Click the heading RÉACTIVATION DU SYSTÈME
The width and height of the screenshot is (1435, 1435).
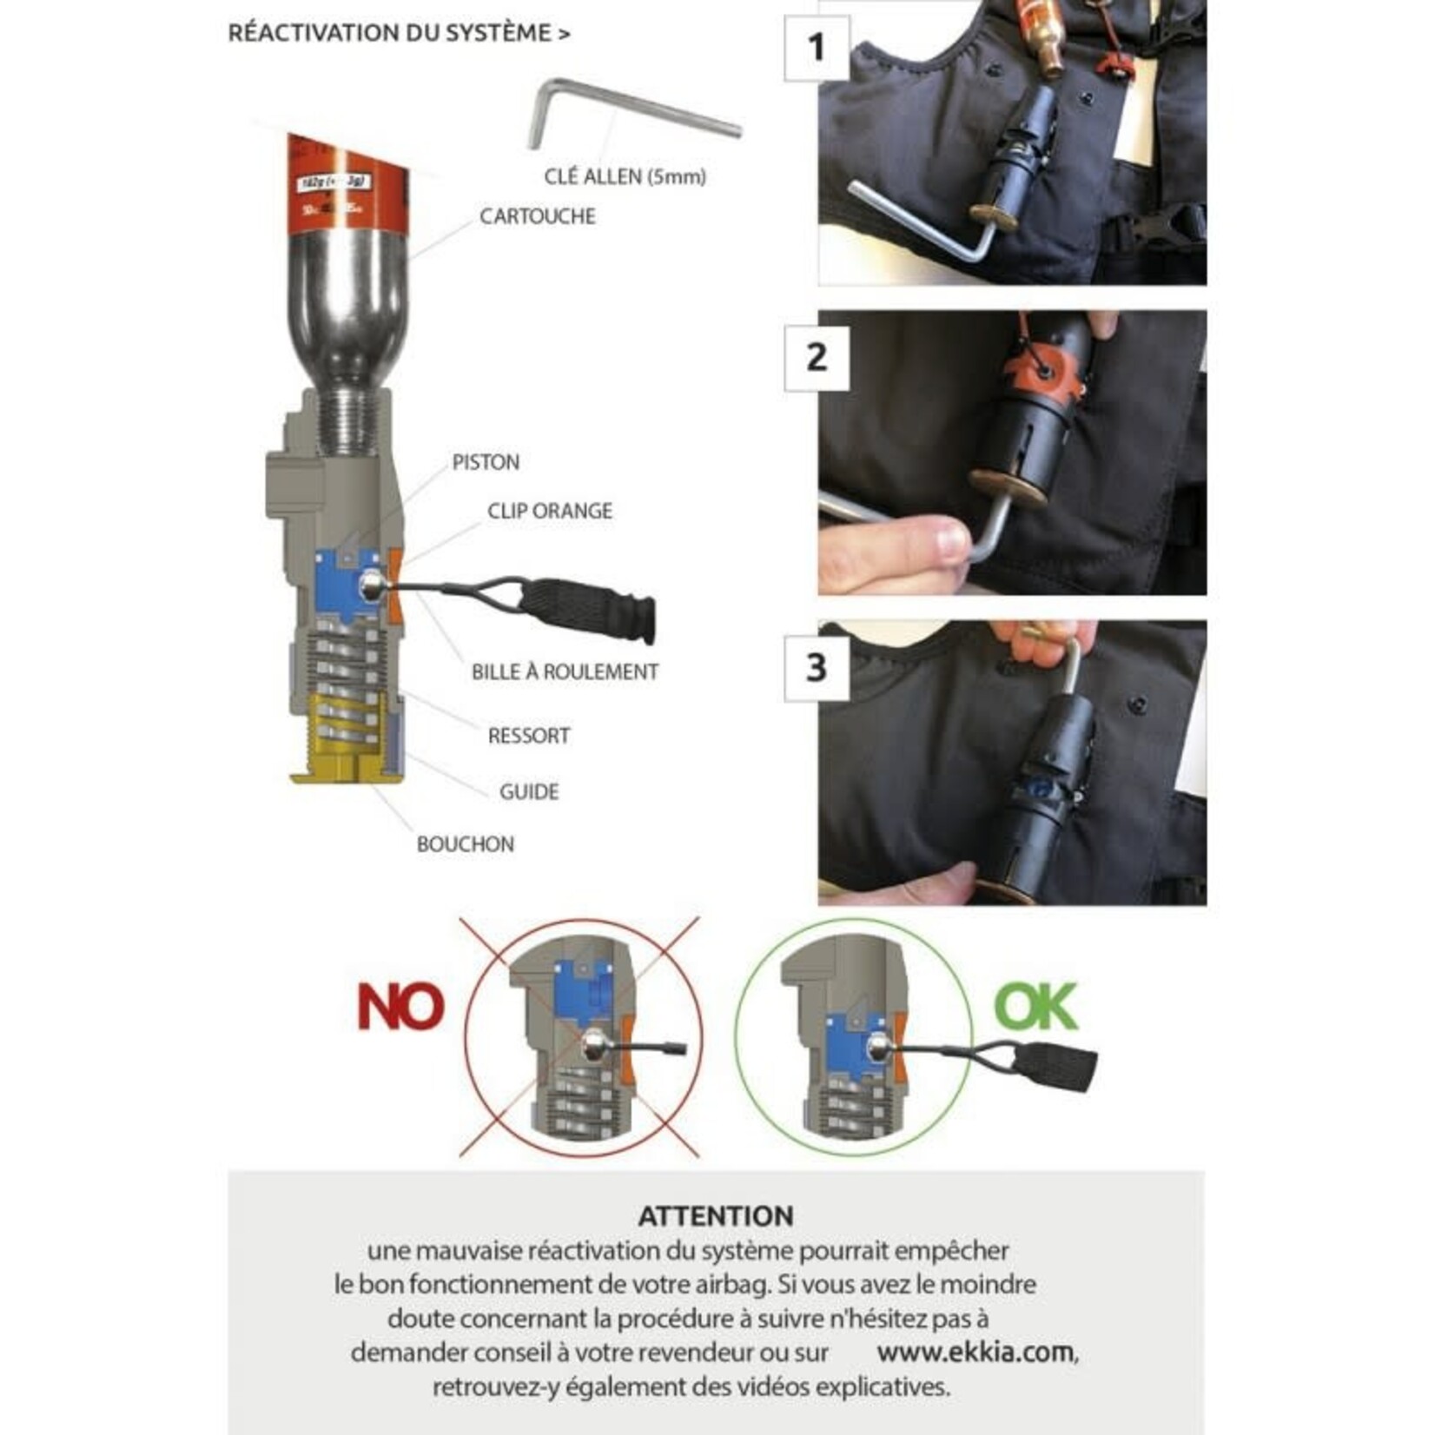point(399,33)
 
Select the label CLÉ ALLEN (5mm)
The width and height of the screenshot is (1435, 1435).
point(625,176)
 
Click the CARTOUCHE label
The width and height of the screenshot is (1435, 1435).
point(538,215)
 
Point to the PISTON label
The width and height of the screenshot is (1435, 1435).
point(486,462)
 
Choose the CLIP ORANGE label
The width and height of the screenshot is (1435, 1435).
point(549,511)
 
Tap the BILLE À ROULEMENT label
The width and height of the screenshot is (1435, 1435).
point(565,671)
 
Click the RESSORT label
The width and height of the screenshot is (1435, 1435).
point(528,736)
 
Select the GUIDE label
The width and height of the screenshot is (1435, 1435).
point(528,791)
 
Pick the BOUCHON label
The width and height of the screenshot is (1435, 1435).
point(465,844)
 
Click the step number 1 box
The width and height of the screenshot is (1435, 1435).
point(816,48)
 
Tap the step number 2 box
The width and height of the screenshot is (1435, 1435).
point(816,357)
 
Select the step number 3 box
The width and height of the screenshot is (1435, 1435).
point(816,668)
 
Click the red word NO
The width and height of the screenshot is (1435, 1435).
point(400,1008)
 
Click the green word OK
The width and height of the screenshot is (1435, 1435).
point(1035,1006)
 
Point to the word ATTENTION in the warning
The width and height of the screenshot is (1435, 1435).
point(716,1215)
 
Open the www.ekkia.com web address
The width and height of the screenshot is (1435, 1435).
point(975,1352)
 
